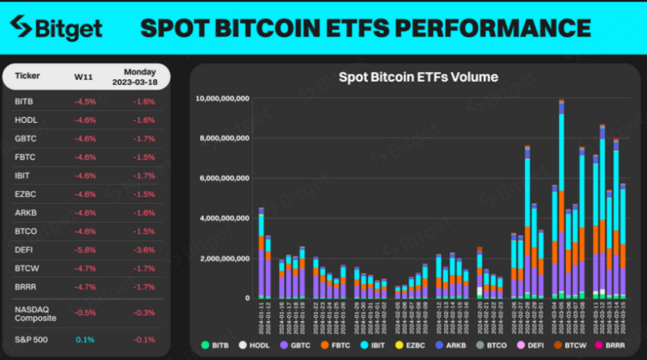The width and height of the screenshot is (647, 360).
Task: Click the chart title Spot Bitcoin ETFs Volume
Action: point(417,78)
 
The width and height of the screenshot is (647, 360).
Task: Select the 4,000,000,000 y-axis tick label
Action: point(226,218)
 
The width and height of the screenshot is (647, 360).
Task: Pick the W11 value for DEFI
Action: point(85,249)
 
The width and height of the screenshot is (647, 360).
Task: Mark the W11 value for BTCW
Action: point(85,268)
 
